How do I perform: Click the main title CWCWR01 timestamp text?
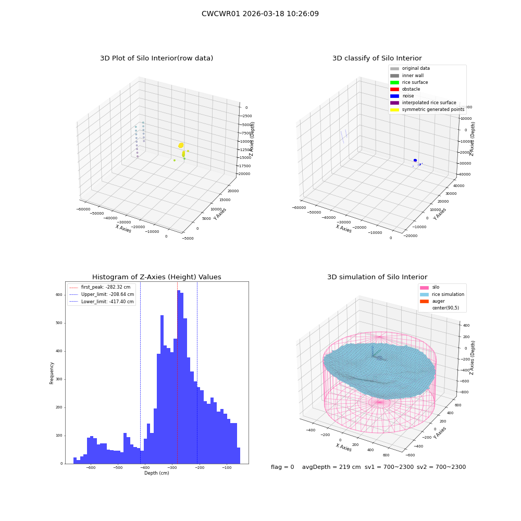click(x=260, y=14)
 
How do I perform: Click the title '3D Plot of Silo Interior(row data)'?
click(x=156, y=58)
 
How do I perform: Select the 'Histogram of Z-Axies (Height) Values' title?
click(x=156, y=277)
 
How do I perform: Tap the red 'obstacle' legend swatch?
click(x=394, y=89)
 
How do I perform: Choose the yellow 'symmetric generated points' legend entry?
click(x=427, y=109)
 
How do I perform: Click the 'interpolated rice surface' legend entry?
click(x=423, y=103)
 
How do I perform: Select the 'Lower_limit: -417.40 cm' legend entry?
click(x=102, y=302)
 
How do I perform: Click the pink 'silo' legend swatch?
click(x=424, y=288)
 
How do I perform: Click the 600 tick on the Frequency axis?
click(x=59, y=295)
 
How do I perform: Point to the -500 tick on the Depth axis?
click(x=118, y=467)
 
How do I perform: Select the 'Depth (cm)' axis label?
click(x=156, y=473)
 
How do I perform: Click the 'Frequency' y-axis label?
click(x=52, y=373)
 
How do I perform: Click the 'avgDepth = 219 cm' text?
click(x=331, y=467)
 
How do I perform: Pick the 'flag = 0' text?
click(x=282, y=467)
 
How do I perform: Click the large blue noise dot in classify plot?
click(x=415, y=160)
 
